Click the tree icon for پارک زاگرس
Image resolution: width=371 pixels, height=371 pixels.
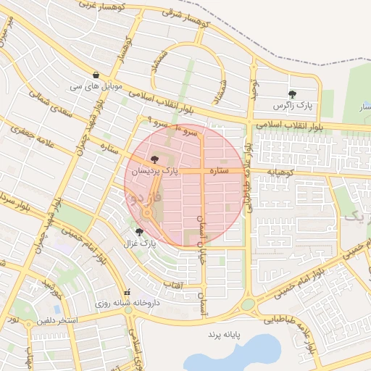coord(292,94)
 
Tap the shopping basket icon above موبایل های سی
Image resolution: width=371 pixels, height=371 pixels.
coord(96,75)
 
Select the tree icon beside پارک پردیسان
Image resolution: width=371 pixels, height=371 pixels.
coord(154,159)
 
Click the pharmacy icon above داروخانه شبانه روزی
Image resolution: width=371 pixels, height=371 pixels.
coord(128,293)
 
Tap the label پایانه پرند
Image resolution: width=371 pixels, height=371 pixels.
coord(224,335)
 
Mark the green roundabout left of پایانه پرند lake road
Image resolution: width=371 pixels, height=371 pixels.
coord(247,305)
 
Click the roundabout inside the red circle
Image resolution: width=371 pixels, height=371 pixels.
coord(147,212)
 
